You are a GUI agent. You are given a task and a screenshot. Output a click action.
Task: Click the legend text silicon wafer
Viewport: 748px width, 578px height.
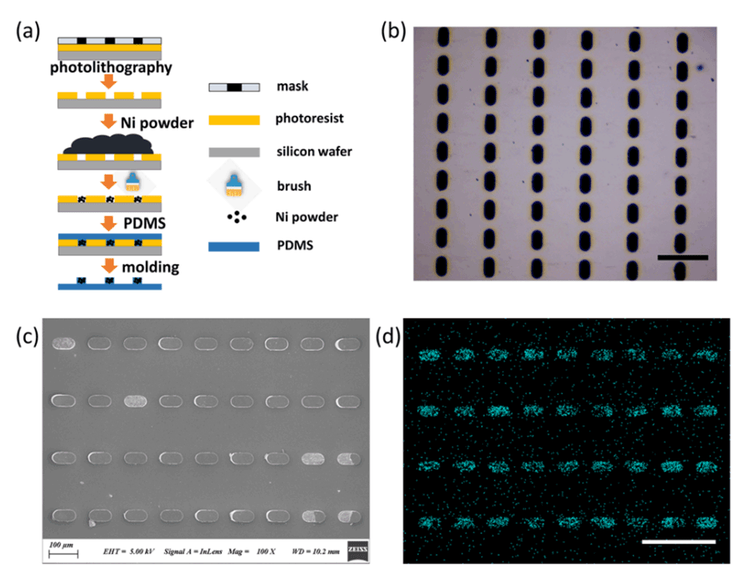click(x=313, y=151)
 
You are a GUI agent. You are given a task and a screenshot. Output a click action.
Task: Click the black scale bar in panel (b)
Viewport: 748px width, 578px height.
click(x=682, y=257)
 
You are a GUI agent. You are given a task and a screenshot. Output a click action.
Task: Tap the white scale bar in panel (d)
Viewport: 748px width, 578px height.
click(x=678, y=541)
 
